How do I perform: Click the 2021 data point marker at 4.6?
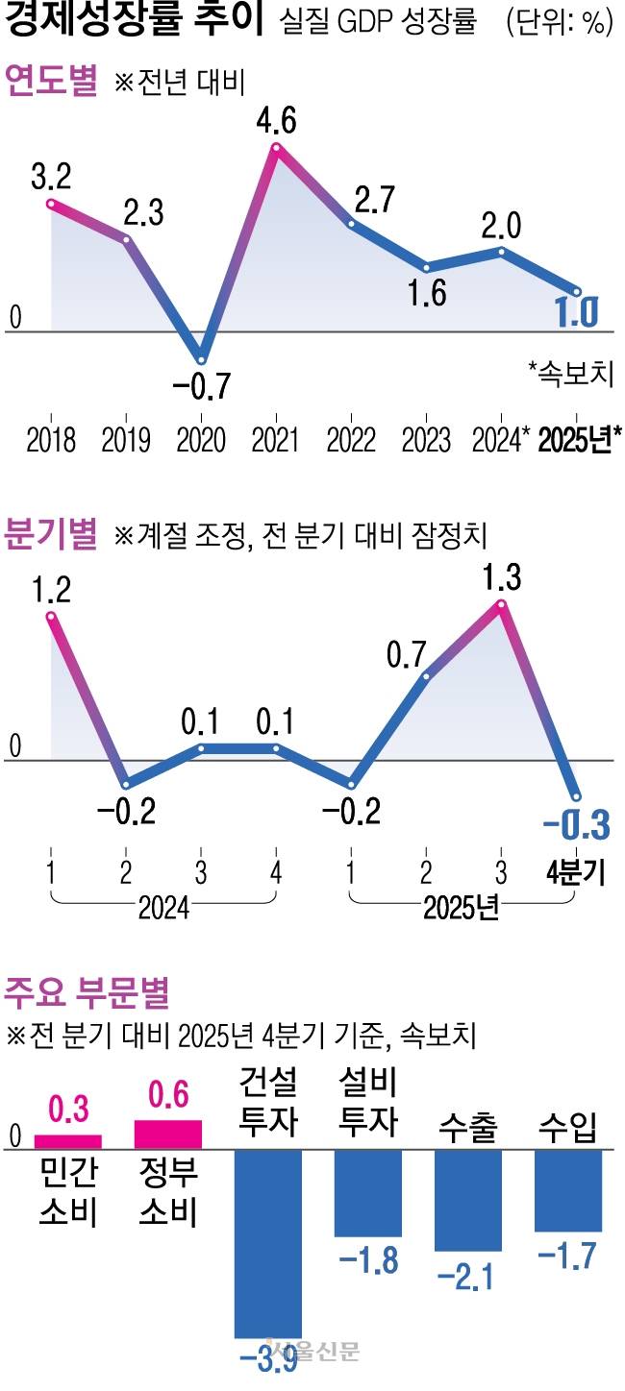tap(277, 148)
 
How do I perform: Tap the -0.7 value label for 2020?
tap(202, 385)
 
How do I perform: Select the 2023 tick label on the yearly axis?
tap(426, 440)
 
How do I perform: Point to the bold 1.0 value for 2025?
tap(577, 312)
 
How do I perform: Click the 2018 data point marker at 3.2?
tap(52, 203)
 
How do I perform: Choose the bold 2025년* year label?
tap(580, 440)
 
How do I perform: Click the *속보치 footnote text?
tap(571, 374)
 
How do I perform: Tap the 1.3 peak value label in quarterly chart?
tap(502, 577)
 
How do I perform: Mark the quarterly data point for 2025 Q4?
tap(577, 796)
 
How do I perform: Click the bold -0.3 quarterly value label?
tap(577, 825)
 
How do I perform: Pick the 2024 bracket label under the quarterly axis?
tap(163, 907)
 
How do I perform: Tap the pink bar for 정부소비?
tap(167, 1135)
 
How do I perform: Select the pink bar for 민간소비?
tap(67, 1142)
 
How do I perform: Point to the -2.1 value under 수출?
tap(465, 1277)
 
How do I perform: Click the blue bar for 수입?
tap(568, 1190)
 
